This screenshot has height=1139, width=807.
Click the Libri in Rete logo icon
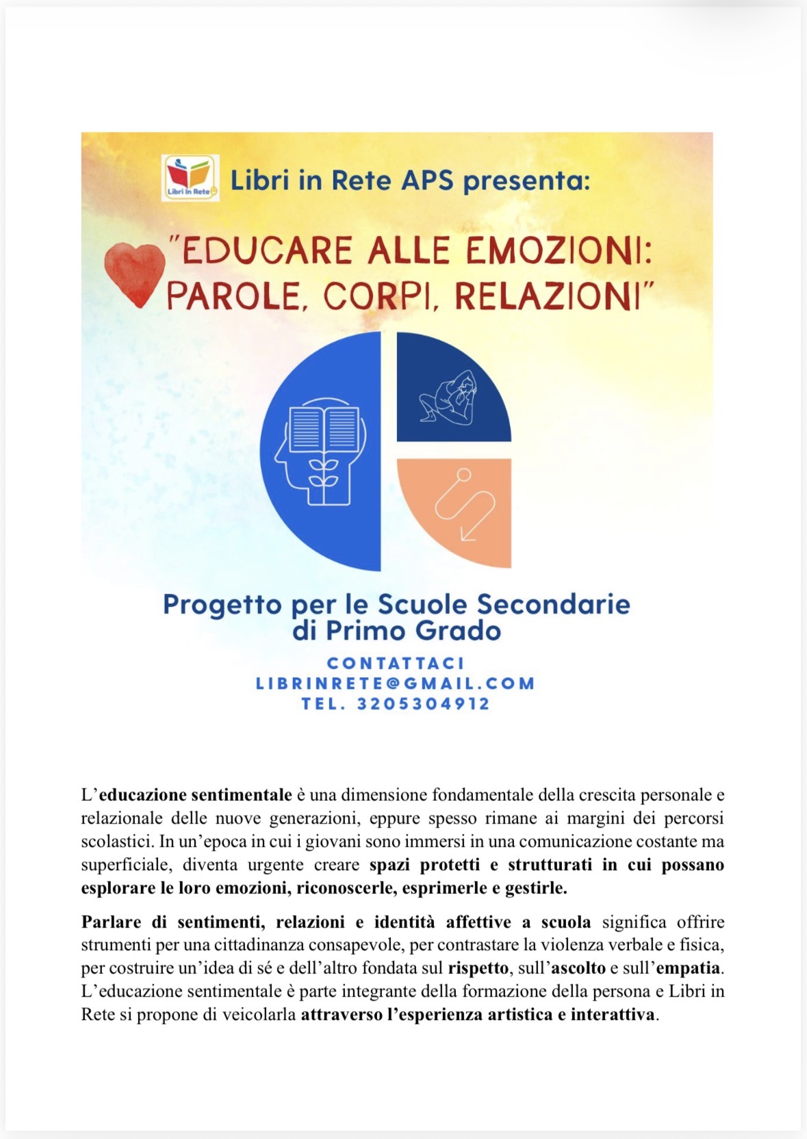190,178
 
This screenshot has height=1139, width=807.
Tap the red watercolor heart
135,274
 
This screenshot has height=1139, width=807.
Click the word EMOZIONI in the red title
558,250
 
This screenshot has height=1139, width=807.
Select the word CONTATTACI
396,663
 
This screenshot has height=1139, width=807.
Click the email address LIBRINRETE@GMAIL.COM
395,683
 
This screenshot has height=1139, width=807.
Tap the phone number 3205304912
424,704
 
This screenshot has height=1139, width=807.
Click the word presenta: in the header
526,181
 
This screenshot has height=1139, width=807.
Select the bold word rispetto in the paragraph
478,968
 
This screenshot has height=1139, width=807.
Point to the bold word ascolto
578,968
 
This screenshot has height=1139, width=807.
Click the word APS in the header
427,181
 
